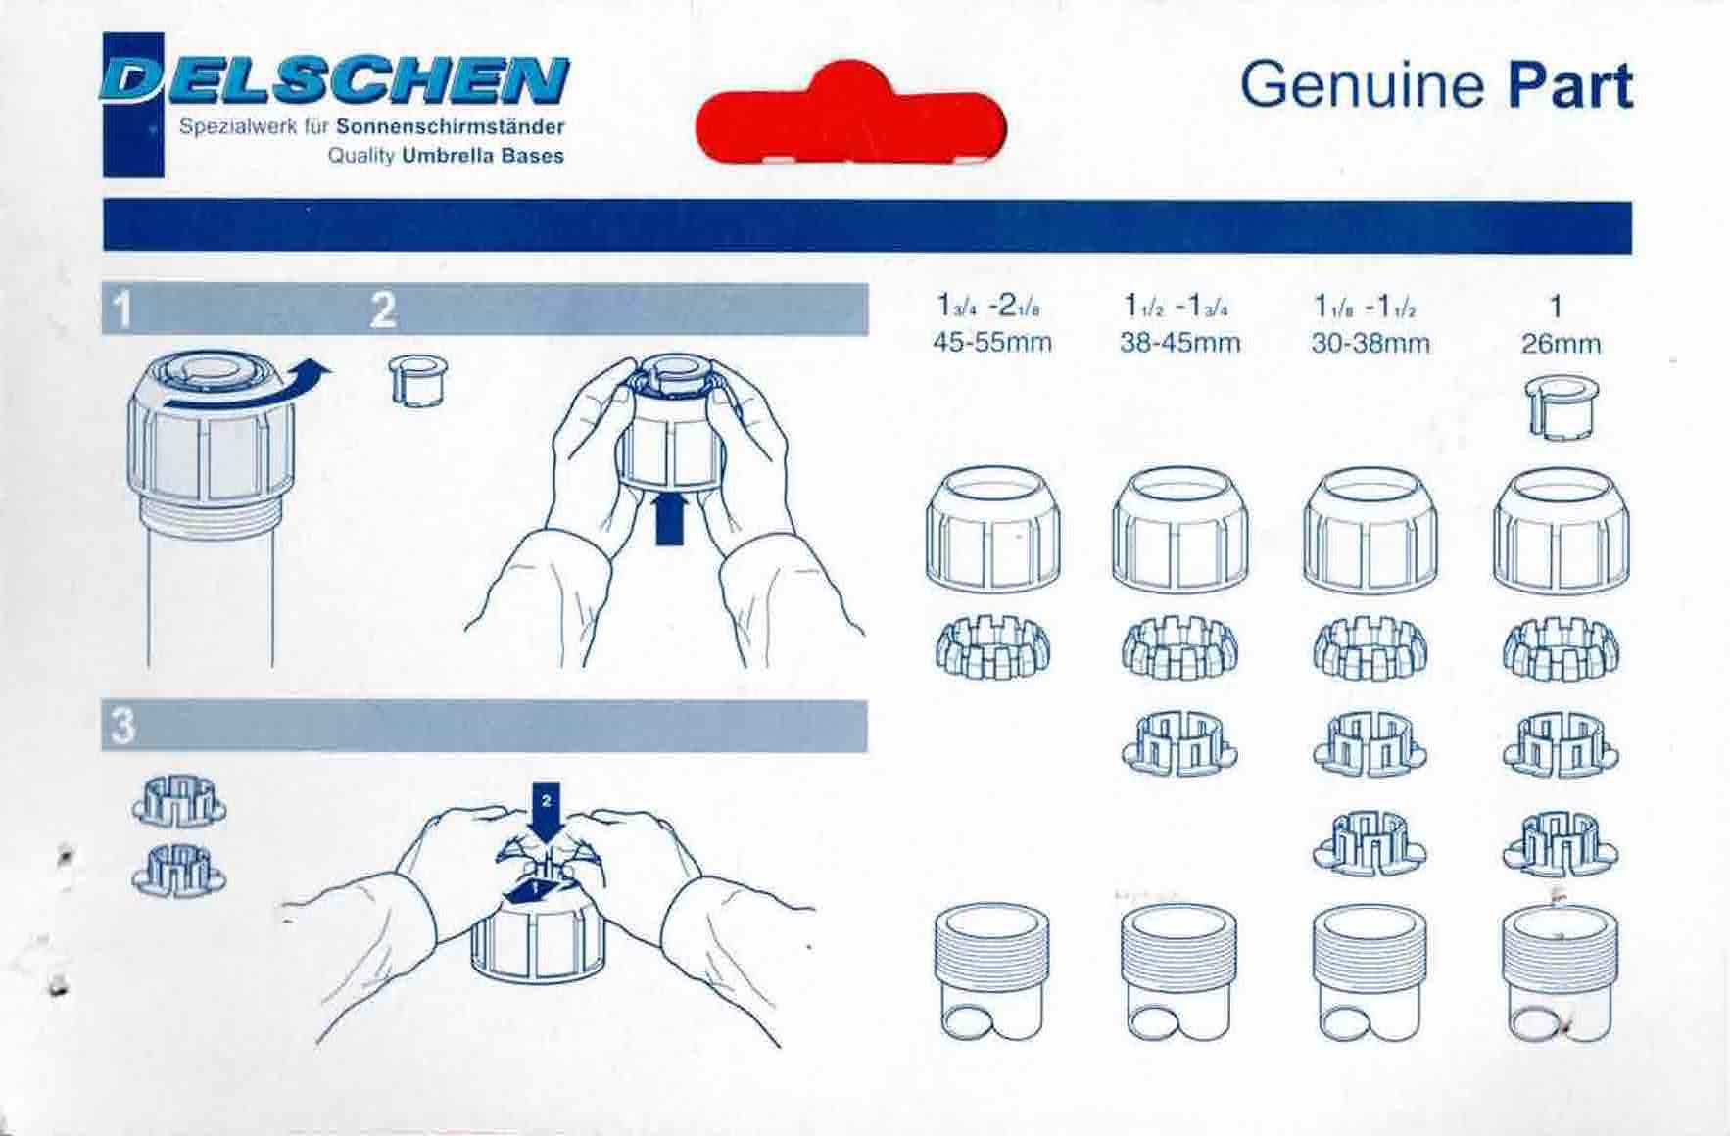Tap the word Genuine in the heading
[x=1362, y=85]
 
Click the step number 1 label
[x=121, y=309]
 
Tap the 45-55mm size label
[x=993, y=343]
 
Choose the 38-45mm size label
[x=1180, y=343]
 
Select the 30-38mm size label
[x=1370, y=343]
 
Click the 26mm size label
[x=1561, y=344]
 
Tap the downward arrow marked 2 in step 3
[x=547, y=813]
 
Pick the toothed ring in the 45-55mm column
[x=992, y=646]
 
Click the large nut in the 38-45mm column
[x=1179, y=530]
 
